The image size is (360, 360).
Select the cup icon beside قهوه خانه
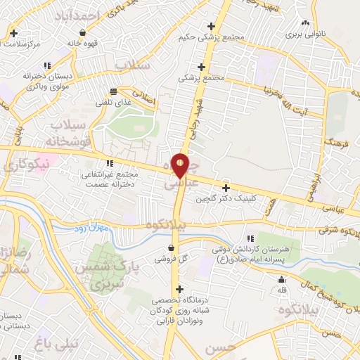pyautogui.click(x=84, y=32)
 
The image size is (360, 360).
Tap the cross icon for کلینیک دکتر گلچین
pyautogui.click(x=226, y=188)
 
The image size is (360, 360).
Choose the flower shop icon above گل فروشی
pyautogui.click(x=172, y=247)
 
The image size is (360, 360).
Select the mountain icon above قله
pyautogui.click(x=281, y=280)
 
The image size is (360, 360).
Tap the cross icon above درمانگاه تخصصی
pyautogui.click(x=180, y=288)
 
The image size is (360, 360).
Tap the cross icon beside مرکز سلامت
pyautogui.click(x=14, y=33)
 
